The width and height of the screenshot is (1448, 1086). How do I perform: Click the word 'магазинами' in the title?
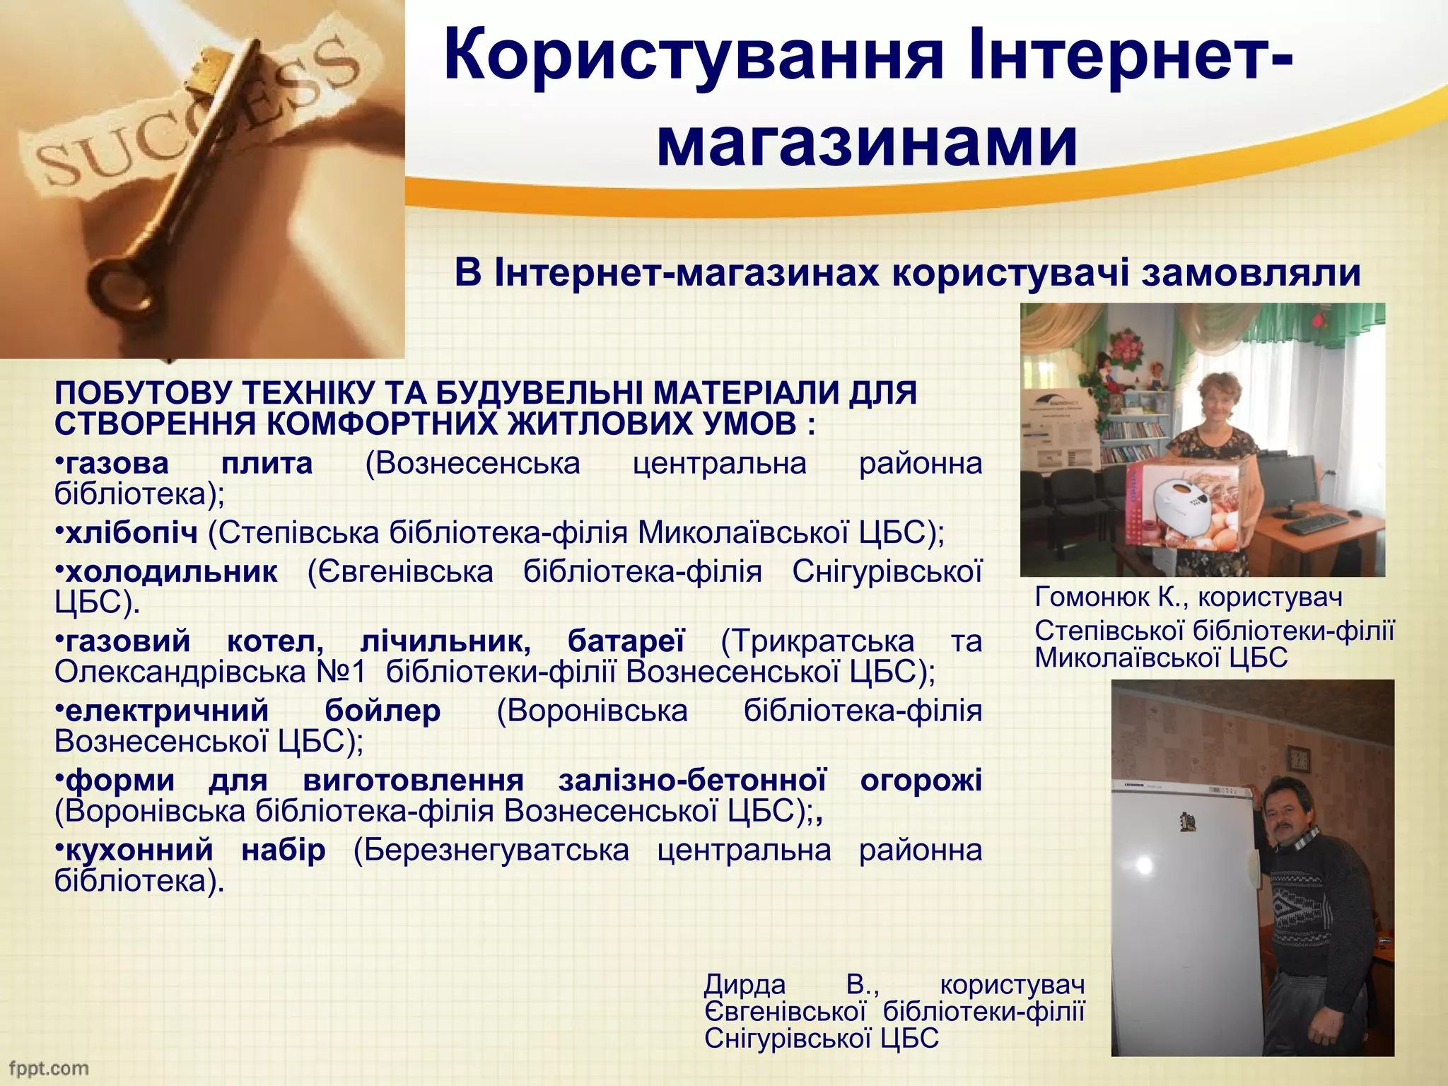pyautogui.click(x=867, y=141)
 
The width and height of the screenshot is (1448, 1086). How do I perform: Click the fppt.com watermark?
pyautogui.click(x=48, y=1068)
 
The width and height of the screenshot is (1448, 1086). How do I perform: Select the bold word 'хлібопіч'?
pyautogui.click(x=132, y=532)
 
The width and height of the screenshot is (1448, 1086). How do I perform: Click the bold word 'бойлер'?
pyautogui.click(x=383, y=711)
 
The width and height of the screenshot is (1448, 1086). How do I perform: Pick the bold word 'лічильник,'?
pyautogui.click(x=445, y=641)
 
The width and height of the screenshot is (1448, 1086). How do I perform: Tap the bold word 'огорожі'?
pyautogui.click(x=921, y=780)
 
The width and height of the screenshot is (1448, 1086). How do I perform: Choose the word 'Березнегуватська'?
pyautogui.click(x=491, y=849)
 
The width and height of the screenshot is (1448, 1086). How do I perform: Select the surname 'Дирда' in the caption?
pyautogui.click(x=745, y=983)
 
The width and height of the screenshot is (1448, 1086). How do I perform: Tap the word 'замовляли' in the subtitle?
pyautogui.click(x=1251, y=272)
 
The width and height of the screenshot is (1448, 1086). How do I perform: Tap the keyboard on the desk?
pyautogui.click(x=1316, y=523)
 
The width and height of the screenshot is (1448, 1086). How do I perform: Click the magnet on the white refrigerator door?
pyautogui.click(x=1189, y=821)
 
